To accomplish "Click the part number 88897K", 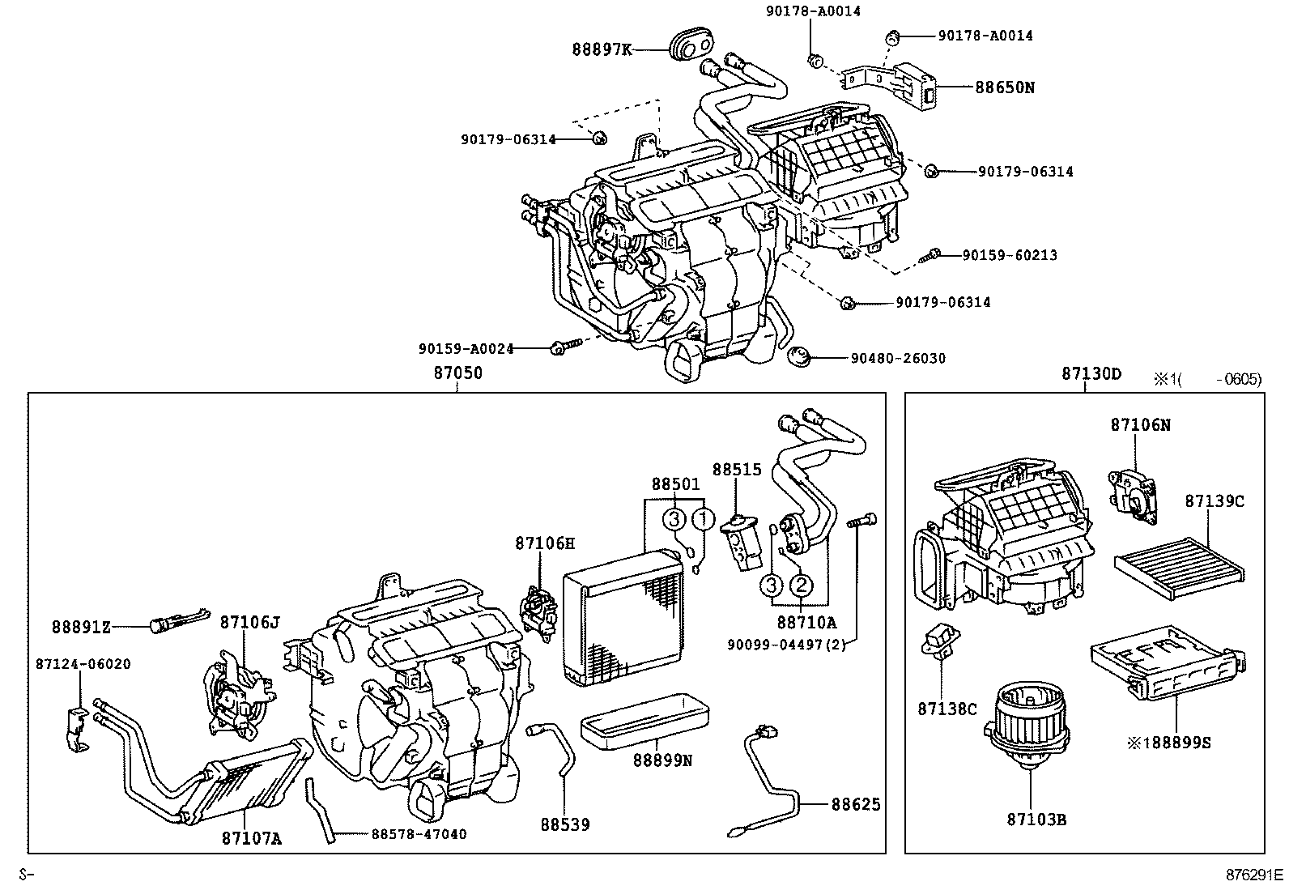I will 602,49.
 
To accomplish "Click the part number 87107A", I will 251,838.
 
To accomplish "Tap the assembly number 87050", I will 457,373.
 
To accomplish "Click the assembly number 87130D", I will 1091,373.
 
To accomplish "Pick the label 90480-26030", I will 897,358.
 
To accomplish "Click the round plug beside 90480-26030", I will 800,356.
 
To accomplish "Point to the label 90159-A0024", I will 466,348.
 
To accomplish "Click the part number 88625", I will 855,804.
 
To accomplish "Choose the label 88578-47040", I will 419,834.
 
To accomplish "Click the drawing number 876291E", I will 1254,875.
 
